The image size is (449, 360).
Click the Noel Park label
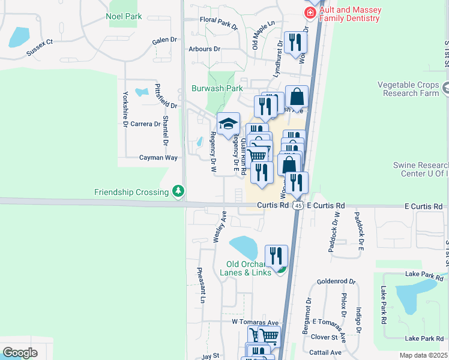pos(124,16)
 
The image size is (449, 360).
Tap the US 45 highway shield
pos(298,206)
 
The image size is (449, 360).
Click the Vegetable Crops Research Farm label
pos(409,89)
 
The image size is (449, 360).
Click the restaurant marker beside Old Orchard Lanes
pos(276,257)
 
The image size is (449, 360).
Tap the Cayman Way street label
pos(158,158)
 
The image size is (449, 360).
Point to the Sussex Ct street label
pos(40,48)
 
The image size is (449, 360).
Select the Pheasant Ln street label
pos(201,285)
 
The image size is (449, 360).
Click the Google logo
pos(20,353)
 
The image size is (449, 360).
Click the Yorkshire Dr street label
pos(125,109)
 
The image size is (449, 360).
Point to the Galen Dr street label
pos(165,40)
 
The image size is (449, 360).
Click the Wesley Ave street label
pos(220,226)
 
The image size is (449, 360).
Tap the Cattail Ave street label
pos(327,352)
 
